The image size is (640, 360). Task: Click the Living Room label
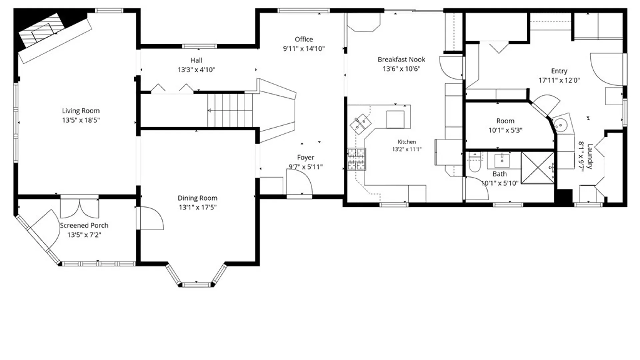pos(81,111)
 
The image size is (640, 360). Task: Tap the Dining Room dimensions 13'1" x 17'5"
pos(198,207)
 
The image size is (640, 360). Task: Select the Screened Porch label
pos(84,225)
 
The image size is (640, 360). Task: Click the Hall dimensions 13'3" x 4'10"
pos(196,70)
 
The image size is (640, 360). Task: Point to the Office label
pos(304,39)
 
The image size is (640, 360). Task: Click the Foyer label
pos(306,157)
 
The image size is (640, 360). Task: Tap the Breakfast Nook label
pos(401,60)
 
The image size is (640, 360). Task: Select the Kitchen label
pos(407,142)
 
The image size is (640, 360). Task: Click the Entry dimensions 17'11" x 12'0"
pos(559,80)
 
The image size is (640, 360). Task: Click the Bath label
pos(500,174)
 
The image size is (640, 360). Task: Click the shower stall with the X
pos(537,168)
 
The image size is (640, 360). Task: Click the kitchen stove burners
pos(357,159)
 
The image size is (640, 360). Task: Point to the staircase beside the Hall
pos(230,110)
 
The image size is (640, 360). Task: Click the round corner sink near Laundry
pos(561,125)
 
